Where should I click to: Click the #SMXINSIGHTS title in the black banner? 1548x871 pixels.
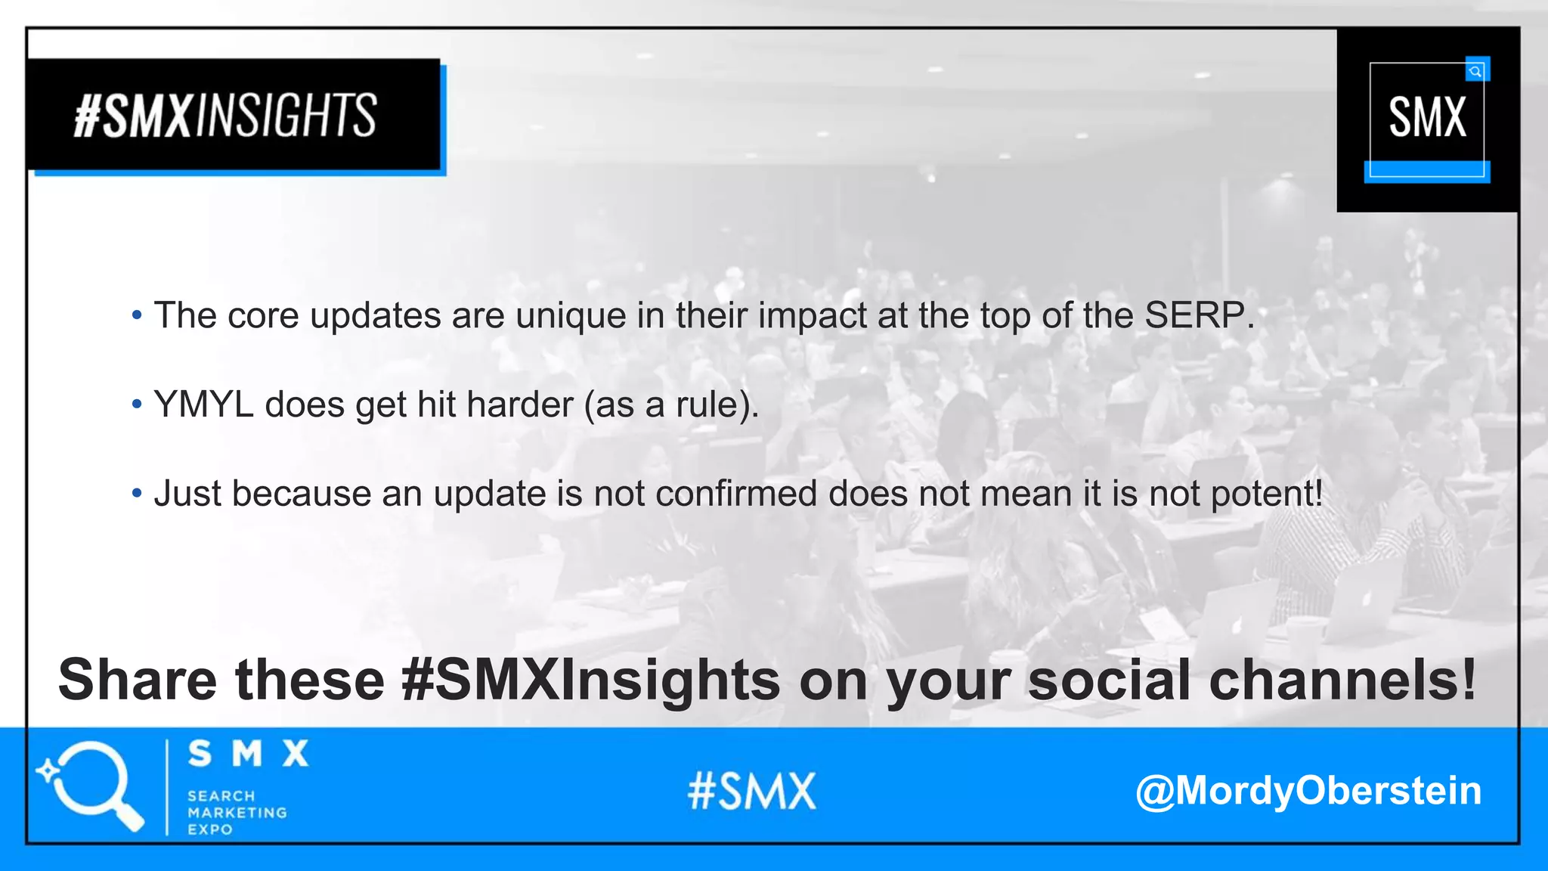coord(225,116)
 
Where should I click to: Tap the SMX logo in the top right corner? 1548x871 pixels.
coord(1427,119)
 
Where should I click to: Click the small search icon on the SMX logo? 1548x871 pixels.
coord(1475,71)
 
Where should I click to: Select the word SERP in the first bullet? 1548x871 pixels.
coord(1194,315)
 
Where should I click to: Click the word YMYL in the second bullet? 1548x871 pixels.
coord(203,405)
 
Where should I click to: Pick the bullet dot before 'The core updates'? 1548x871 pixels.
coord(137,315)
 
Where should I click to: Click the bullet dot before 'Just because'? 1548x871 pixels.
coord(137,494)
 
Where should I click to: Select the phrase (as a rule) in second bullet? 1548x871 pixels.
coord(669,405)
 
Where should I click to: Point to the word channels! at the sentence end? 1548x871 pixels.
coord(1342,679)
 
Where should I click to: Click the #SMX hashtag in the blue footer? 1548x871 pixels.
coord(752,791)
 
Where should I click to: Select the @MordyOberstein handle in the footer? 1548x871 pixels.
coord(1308,791)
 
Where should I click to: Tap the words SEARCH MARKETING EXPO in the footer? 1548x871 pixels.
coord(236,813)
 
